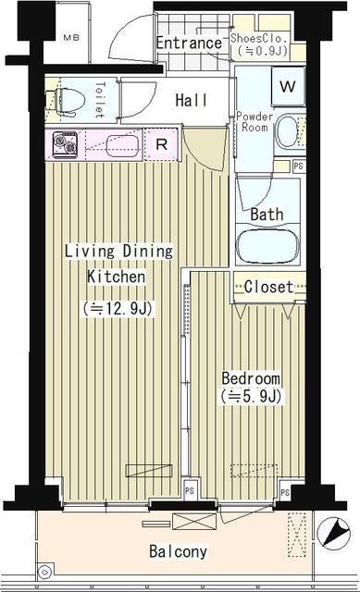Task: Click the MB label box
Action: coord(71,38)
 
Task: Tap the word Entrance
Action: coord(189,43)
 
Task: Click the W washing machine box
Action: coord(288,87)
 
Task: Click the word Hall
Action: coord(191,100)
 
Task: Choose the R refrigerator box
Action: coord(161,143)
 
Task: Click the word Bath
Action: coord(267,214)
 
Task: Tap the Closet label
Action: coord(268,287)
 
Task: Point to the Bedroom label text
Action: coord(250,379)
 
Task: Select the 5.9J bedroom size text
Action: coord(249,397)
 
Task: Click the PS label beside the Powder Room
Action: coord(298,166)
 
